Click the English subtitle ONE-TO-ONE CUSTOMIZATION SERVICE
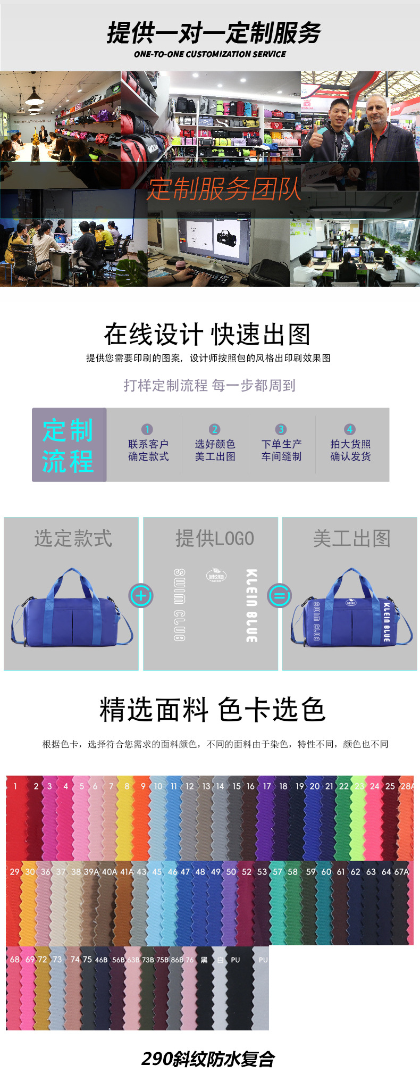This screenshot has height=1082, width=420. pyautogui.click(x=210, y=54)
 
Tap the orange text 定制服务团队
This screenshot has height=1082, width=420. pyautogui.click(x=224, y=189)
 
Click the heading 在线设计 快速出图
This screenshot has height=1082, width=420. pyautogui.click(x=207, y=335)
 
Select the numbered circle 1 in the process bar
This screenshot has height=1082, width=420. pyautogui.click(x=147, y=429)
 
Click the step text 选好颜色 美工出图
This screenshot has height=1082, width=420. pyautogui.click(x=215, y=450)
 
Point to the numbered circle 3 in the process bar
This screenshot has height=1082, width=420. pyautogui.click(x=281, y=429)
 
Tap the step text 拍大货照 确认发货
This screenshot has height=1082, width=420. pyautogui.click(x=350, y=450)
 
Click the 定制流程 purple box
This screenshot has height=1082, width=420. pyautogui.click(x=69, y=445)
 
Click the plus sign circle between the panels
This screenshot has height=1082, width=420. pyautogui.click(x=141, y=595)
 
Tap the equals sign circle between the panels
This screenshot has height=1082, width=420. pyautogui.click(x=280, y=595)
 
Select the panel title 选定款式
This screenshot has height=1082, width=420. pyautogui.click(x=73, y=538)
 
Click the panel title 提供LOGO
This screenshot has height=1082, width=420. pyautogui.click(x=215, y=538)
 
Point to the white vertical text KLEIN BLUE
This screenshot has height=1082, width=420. pyautogui.click(x=251, y=605)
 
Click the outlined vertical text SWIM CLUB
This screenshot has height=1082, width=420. pyautogui.click(x=180, y=604)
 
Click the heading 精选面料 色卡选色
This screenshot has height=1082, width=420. pyautogui.click(x=212, y=710)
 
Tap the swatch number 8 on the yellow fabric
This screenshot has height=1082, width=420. pyautogui.click(x=127, y=786)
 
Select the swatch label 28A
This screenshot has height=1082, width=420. pyautogui.click(x=407, y=786)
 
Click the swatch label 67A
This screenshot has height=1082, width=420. pyautogui.click(x=401, y=872)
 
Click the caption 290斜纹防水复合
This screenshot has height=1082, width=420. pyautogui.click(x=208, y=1059)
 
